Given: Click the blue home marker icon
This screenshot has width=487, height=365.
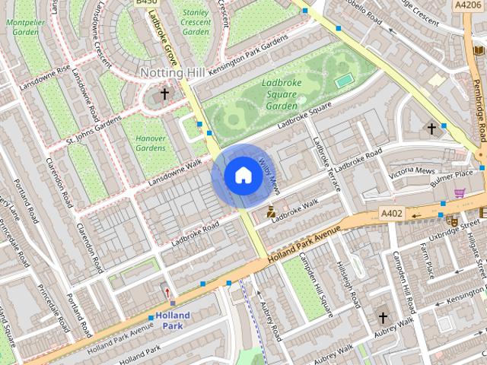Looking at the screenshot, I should pyautogui.click(x=242, y=176).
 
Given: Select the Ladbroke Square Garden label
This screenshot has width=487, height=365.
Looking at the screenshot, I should pyautogui.click(x=282, y=94).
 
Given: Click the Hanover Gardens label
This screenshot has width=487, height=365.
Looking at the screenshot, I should pyautogui.click(x=150, y=143).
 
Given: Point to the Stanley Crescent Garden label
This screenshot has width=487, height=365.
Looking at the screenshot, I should pyautogui.click(x=196, y=22).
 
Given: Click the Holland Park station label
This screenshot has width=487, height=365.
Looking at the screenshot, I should pyautogui.click(x=173, y=320).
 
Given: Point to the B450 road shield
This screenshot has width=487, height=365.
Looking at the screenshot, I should pyautogui.click(x=146, y=3).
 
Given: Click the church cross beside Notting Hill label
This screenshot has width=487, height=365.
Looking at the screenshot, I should pyautogui.click(x=164, y=94).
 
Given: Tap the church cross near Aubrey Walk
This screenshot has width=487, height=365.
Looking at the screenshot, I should pyautogui.click(x=383, y=317).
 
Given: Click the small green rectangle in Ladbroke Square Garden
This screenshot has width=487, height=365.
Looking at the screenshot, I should pyautogui.click(x=345, y=80).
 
